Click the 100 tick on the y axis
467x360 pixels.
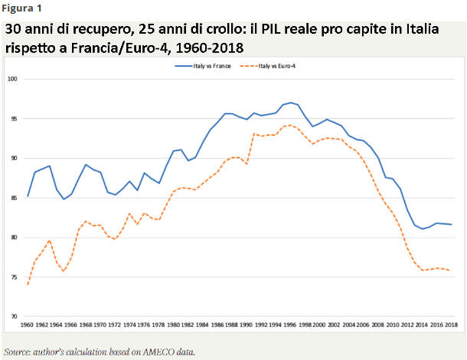12,79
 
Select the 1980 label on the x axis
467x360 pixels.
175,326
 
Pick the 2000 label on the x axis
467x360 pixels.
319,326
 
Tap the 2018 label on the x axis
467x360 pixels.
450,326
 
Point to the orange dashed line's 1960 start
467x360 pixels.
28,284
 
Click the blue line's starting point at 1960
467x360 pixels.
28,196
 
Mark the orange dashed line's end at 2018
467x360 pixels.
450,270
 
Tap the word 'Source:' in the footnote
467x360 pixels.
16,352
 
